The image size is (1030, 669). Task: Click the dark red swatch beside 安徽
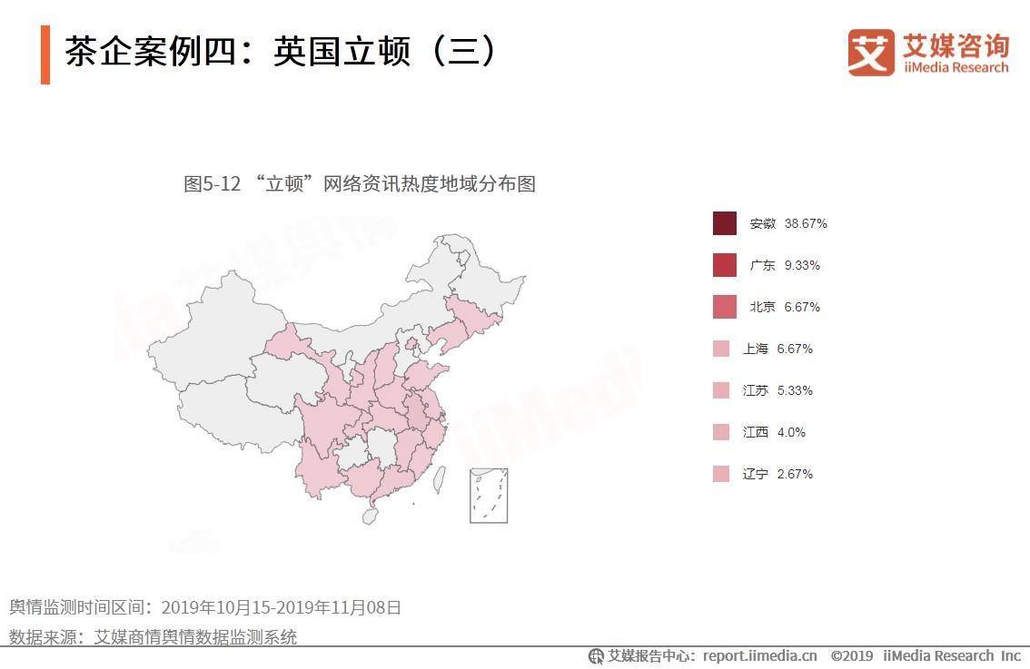coord(724,223)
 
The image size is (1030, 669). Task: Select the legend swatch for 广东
coord(724,265)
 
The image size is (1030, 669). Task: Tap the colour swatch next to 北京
coord(724,307)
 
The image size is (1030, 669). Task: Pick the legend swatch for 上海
coord(721,349)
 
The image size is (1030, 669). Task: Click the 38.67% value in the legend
coord(806,223)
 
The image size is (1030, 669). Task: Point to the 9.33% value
coord(802,265)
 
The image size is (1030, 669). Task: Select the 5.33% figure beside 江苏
coord(795,390)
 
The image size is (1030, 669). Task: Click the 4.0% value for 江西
coord(791,432)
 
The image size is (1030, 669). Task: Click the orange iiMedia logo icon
coord(871,52)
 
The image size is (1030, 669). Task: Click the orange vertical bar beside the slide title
coord(45,55)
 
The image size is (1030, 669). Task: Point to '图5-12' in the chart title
coord(212,184)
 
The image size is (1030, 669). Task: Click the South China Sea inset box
coord(489,496)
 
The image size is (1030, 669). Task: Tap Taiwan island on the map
coord(439,478)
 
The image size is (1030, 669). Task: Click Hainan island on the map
coord(370,516)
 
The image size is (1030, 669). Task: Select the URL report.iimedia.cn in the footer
coord(759,655)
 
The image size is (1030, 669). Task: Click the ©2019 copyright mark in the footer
coord(851,655)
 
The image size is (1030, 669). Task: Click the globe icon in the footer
coord(596,656)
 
